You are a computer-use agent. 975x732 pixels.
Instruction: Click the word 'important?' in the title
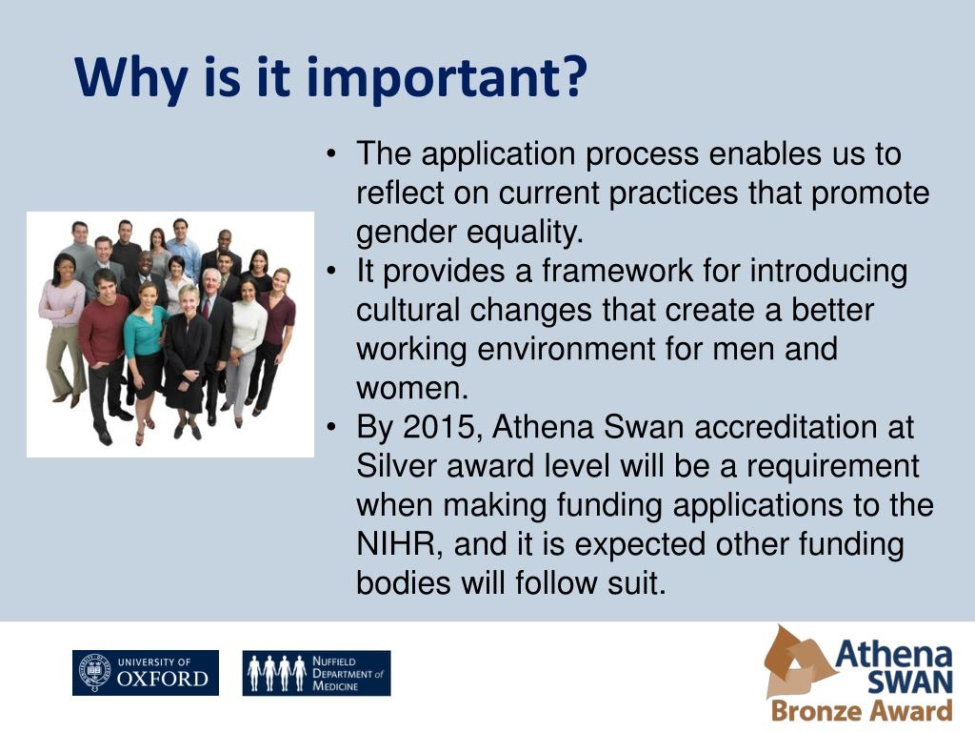pyautogui.click(x=447, y=79)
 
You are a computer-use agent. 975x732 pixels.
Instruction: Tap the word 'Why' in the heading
pyautogui.click(x=130, y=79)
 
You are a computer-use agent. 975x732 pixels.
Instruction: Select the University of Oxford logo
pyautogui.click(x=146, y=673)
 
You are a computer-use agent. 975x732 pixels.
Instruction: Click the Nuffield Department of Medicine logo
pyautogui.click(x=316, y=673)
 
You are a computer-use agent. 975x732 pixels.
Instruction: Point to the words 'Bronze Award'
pyautogui.click(x=862, y=710)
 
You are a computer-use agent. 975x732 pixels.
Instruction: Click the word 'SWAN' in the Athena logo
pyautogui.click(x=910, y=682)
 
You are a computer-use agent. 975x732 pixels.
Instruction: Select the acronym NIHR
pyautogui.click(x=399, y=544)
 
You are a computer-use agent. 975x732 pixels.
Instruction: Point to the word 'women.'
pyautogui.click(x=412, y=389)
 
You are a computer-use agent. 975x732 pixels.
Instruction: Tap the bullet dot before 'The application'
pyautogui.click(x=331, y=153)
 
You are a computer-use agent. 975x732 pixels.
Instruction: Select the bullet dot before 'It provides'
pyautogui.click(x=331, y=271)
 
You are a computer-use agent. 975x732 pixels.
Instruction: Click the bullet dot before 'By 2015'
pyautogui.click(x=331, y=427)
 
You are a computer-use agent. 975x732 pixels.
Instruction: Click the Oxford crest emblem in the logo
pyautogui.click(x=95, y=672)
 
